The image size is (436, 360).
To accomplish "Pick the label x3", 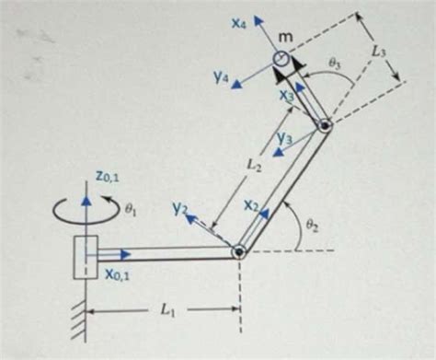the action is pos(288,95).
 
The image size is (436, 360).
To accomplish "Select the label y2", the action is pos(179,211).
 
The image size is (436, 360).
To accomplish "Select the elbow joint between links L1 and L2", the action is pos(239,250).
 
